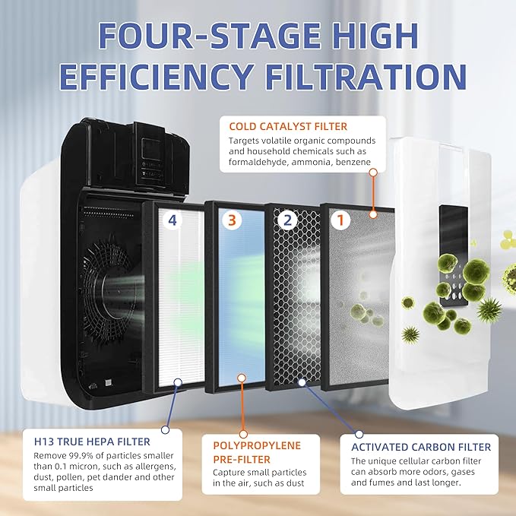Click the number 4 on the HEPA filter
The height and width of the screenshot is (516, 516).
173,221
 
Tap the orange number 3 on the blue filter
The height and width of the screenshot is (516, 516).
233,221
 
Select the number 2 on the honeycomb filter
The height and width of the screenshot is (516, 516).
286,221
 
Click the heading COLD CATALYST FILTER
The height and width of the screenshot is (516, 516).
283,125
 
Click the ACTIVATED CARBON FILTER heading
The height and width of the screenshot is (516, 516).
420,447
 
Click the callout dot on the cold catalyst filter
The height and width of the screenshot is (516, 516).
372,173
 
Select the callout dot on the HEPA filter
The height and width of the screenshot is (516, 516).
177,384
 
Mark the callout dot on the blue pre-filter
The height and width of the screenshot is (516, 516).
241,377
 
